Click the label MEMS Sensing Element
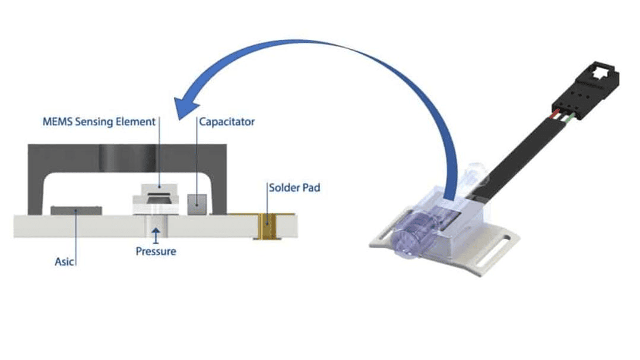[99, 122]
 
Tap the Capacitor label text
[227, 122]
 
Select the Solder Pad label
[294, 188]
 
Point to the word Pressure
[156, 251]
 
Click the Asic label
[64, 261]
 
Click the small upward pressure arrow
[156, 236]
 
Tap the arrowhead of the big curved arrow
[185, 107]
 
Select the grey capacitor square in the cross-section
[197, 204]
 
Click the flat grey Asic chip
[76, 211]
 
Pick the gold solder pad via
[267, 226]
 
